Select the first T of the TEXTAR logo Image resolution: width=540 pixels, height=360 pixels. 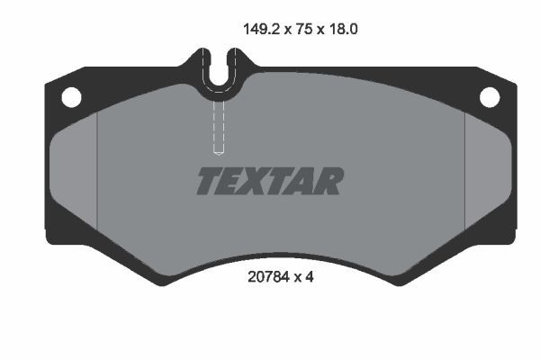tap(208, 181)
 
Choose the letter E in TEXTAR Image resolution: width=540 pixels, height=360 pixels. tap(230, 181)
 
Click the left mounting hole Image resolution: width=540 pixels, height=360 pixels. tap(71, 95)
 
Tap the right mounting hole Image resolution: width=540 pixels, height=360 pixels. tap(489, 95)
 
